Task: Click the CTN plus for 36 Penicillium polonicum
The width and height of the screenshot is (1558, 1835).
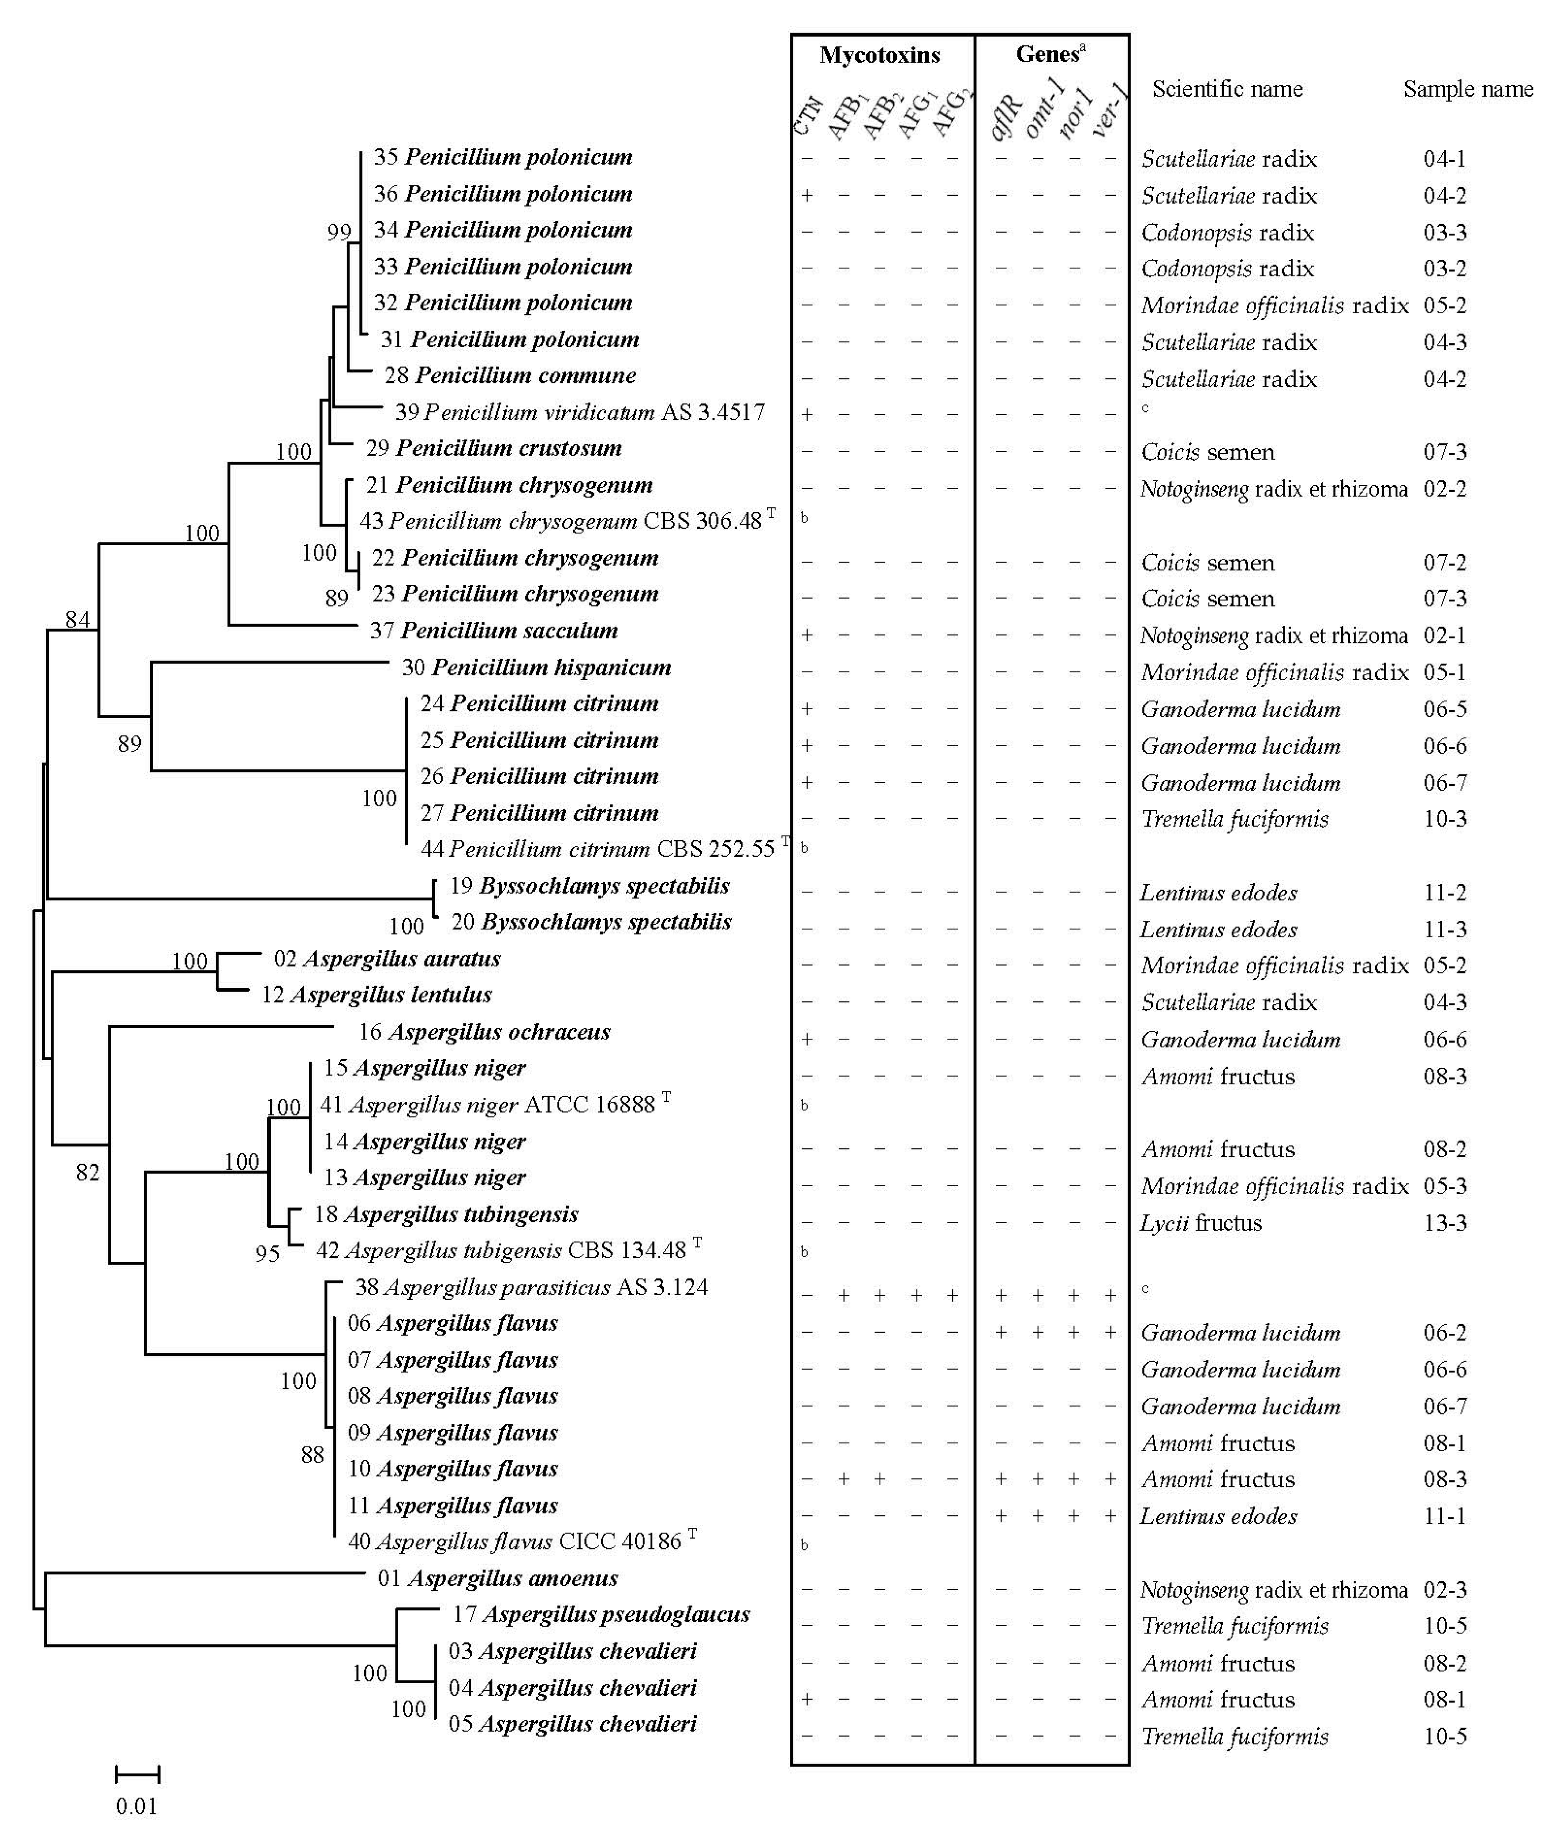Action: coord(806,195)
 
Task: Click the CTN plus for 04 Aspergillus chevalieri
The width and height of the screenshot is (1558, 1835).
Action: coord(806,1699)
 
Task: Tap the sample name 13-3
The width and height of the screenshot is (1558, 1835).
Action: coord(1445,1223)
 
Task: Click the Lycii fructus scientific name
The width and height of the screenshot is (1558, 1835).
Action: coord(1201,1223)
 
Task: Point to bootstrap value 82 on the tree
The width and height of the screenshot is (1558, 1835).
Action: coord(87,1173)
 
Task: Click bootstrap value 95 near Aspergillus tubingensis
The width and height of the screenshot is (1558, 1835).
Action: coord(268,1254)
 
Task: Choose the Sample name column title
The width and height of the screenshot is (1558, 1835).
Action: coord(1468,89)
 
